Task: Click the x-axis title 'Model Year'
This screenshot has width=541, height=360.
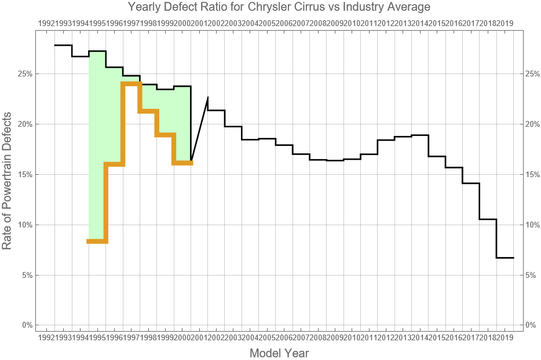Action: point(279,352)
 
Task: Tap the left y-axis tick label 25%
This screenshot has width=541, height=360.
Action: point(25,74)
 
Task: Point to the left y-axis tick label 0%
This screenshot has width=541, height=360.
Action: point(27,325)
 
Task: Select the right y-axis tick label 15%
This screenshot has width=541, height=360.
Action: point(532,174)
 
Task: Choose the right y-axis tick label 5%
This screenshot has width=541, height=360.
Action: point(531,275)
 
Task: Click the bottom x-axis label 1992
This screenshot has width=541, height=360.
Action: point(46,337)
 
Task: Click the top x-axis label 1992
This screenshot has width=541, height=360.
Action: point(46,23)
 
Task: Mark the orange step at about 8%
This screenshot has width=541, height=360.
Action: point(97,241)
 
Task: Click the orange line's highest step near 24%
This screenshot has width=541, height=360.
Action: point(131,84)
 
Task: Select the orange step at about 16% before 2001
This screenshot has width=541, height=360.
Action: point(182,163)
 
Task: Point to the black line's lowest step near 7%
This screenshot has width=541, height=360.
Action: point(505,258)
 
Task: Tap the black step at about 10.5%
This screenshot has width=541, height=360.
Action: point(488,219)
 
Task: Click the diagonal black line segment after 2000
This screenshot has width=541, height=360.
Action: point(200,128)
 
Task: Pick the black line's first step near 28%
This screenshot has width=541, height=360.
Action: point(63,45)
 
